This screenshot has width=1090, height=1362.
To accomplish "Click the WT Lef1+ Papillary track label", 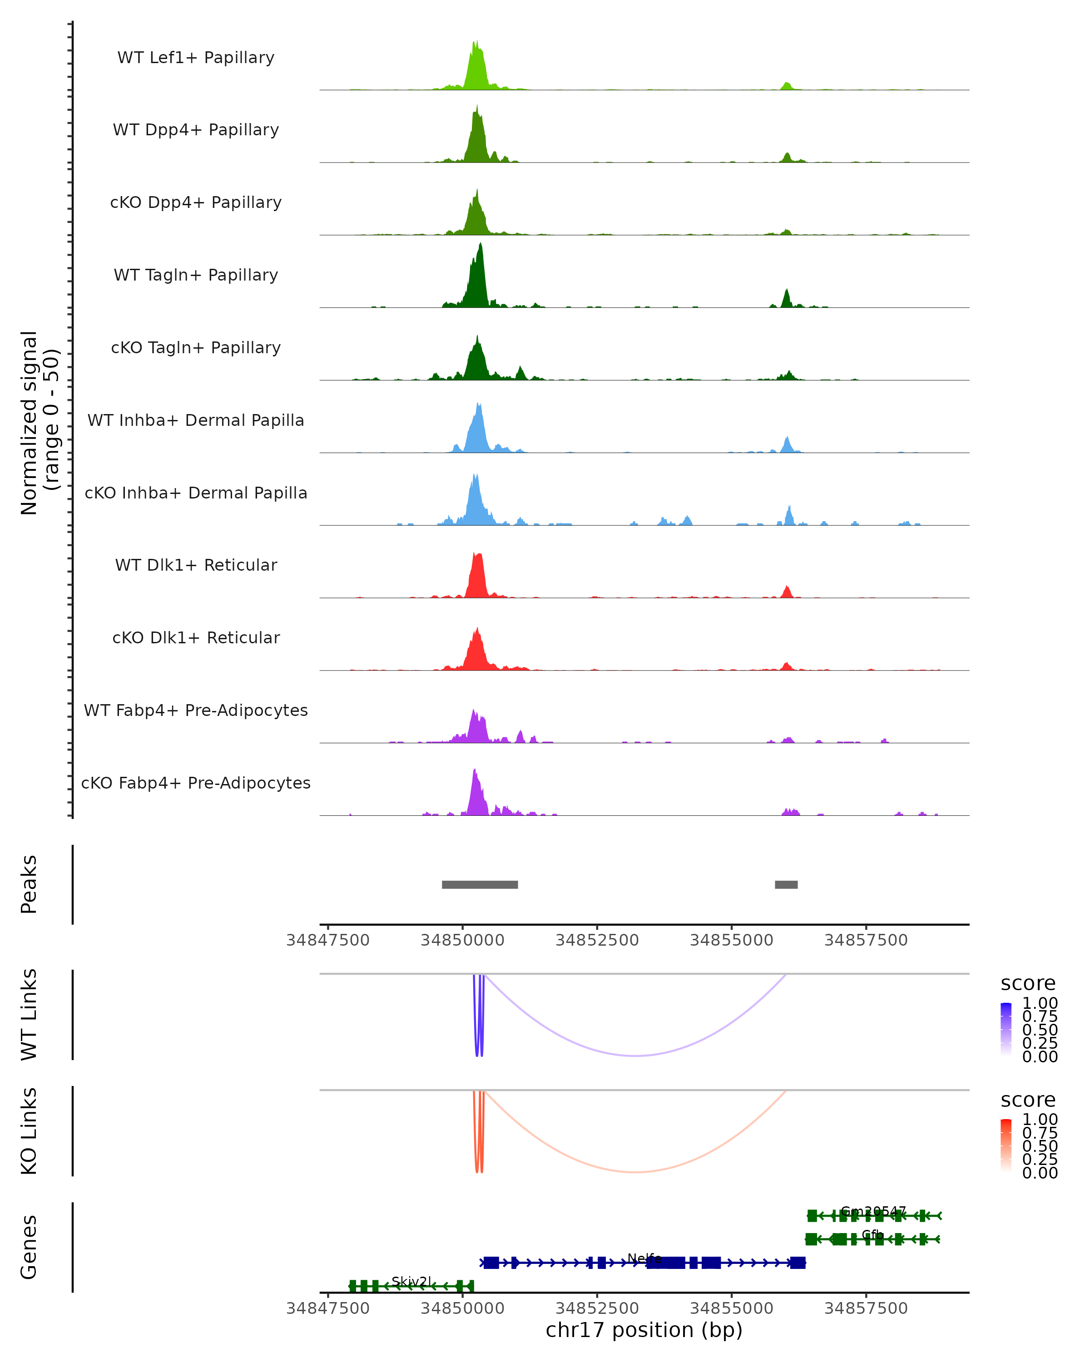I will pyautogui.click(x=196, y=58).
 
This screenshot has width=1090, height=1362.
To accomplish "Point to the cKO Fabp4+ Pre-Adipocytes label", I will pyautogui.click(x=196, y=783).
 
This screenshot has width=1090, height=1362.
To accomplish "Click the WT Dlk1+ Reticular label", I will pyautogui.click(x=196, y=565).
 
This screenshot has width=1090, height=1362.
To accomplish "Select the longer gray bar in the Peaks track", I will pyautogui.click(x=480, y=884).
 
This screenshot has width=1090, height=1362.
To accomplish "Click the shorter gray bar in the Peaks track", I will pyautogui.click(x=786, y=884).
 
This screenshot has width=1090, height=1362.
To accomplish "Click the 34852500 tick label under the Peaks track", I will pyautogui.click(x=597, y=941).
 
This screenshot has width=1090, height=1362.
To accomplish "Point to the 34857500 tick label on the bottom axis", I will pyautogui.click(x=866, y=1308).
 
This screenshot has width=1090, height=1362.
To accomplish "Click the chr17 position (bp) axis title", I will pyautogui.click(x=644, y=1330).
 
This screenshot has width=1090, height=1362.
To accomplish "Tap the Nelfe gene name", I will pyautogui.click(x=644, y=1259).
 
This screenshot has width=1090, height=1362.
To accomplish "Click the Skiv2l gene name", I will pyautogui.click(x=411, y=1282).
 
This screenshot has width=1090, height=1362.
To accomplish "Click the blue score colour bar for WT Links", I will pyautogui.click(x=1006, y=1030).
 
